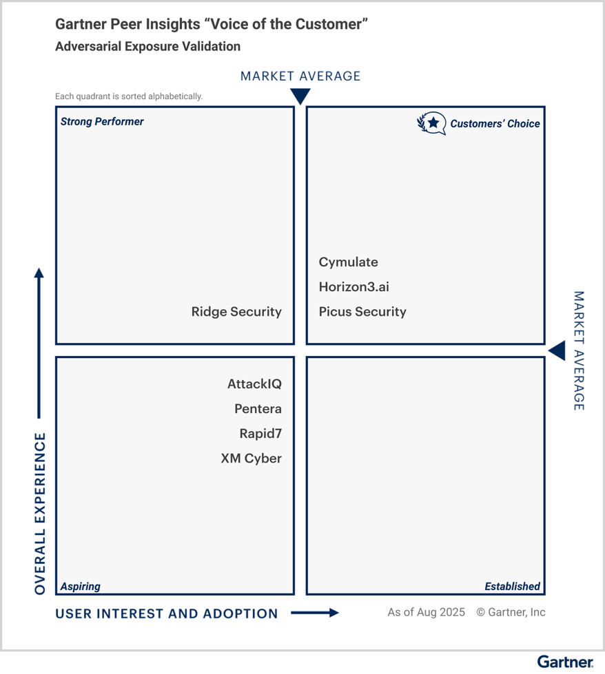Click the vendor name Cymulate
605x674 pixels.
(348, 262)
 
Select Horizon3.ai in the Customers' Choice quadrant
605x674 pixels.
(353, 287)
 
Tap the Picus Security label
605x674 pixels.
(362, 312)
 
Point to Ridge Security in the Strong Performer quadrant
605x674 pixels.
(236, 312)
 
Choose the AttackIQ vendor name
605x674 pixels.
(254, 384)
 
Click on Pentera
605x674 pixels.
(258, 409)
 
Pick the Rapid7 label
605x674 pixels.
(260, 434)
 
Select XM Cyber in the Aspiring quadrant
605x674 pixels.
(251, 459)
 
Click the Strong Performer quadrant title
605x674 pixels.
(102, 122)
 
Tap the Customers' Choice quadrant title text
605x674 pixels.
(495, 124)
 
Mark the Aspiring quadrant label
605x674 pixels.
(80, 587)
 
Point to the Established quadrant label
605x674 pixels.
(512, 587)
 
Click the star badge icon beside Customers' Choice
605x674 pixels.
(432, 123)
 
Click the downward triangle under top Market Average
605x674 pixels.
(300, 96)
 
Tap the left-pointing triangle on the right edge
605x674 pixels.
(557, 350)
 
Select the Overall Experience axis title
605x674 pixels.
(40, 514)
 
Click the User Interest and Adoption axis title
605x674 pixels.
(167, 613)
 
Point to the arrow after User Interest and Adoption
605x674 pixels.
(315, 613)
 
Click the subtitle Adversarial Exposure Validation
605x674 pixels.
(147, 47)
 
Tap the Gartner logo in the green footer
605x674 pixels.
(565, 662)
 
